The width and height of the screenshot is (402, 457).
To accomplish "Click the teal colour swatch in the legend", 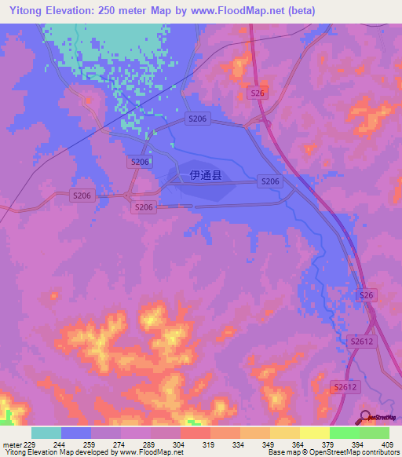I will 46,433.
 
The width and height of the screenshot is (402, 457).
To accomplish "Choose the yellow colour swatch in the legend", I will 314,433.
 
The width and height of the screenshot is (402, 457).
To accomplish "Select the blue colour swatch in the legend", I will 76,433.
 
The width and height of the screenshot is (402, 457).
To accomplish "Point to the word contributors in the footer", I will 376,453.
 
